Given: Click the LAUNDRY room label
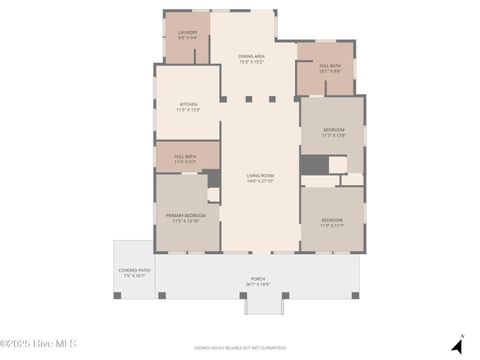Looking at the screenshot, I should coord(187,33).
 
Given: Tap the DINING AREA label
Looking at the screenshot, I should coord(251,56).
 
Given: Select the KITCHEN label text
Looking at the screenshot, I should coord(188,104).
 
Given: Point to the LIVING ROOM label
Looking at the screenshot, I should coord(260,175).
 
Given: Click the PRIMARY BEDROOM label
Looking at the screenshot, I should coord(185,215).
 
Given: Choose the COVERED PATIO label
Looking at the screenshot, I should coord(134,270).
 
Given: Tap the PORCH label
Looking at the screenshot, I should coord(258,279).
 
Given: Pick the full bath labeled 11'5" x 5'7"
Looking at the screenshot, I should coord(185,156).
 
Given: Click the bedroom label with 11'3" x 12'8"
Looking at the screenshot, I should coord(333,129).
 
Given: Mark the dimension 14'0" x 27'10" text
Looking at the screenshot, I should coord(260,181).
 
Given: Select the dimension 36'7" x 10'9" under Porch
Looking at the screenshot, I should coord(258,284).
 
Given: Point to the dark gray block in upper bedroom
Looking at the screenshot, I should coord(313,164).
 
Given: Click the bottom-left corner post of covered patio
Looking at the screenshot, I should coord(117,295).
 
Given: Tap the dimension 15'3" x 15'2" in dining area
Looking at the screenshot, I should coord(251,62).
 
